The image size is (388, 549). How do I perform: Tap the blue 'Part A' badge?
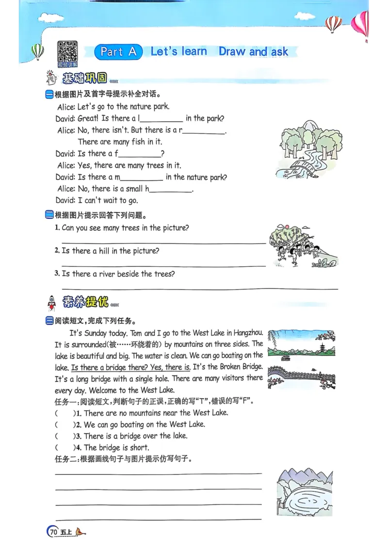pos(119,52)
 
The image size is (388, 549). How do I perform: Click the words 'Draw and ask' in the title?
pos(253,51)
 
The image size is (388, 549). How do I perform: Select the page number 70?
pos(53,532)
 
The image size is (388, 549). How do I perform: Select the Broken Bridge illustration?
pos(301,378)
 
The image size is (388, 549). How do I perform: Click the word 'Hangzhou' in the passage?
pos(248,333)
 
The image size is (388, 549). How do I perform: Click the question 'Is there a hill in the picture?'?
pos(111,251)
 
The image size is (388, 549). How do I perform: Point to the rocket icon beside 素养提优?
pos(51,303)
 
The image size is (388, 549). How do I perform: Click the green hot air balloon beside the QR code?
pos(38,52)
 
